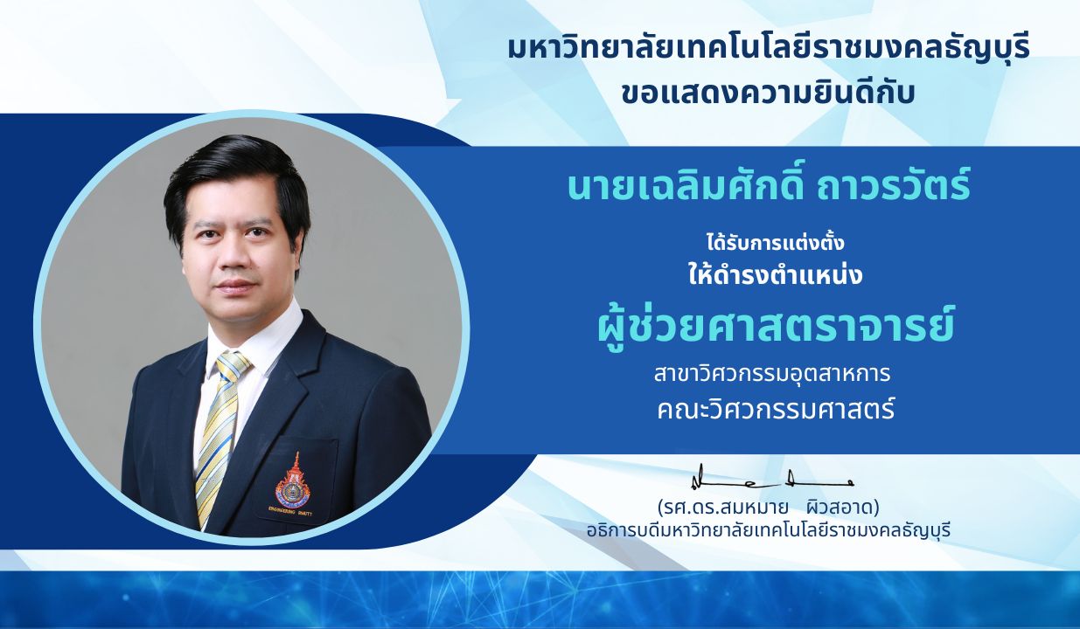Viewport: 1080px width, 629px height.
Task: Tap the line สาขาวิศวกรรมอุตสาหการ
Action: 772,375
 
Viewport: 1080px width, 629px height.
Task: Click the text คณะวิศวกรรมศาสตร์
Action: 777,410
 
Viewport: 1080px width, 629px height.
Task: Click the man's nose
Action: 235,259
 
